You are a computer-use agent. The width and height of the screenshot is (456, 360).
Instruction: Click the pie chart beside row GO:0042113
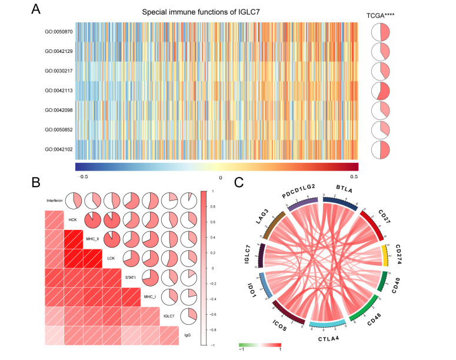coord(382,91)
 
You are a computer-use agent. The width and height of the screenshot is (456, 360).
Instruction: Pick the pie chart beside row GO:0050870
coord(382,32)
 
